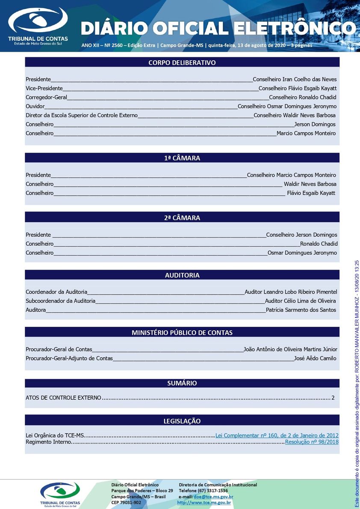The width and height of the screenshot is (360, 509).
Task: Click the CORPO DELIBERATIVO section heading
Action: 182,63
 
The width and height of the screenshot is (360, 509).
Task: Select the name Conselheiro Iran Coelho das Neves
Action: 295,79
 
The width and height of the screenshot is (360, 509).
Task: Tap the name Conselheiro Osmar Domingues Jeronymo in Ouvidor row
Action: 287,106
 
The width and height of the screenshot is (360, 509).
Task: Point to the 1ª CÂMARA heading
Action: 182,158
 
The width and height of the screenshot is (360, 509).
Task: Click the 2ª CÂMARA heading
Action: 182,218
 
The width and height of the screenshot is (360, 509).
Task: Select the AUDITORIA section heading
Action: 182,276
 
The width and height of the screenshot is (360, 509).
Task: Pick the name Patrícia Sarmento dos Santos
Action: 301,310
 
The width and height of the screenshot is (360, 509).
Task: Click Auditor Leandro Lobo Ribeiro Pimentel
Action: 291,292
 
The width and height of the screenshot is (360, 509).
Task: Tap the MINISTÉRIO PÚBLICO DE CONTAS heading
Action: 182,332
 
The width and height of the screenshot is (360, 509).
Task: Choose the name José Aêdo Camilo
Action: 315,359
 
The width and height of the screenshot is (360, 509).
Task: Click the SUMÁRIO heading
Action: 182,383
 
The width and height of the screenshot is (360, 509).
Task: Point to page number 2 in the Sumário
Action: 333,398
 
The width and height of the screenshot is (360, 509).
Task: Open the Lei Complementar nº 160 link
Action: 277,435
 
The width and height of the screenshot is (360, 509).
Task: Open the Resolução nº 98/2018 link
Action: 312,442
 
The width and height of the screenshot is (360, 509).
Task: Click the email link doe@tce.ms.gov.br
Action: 213,497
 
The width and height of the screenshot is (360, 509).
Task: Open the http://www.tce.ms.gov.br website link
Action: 204,503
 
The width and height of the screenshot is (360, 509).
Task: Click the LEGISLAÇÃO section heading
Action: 182,421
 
